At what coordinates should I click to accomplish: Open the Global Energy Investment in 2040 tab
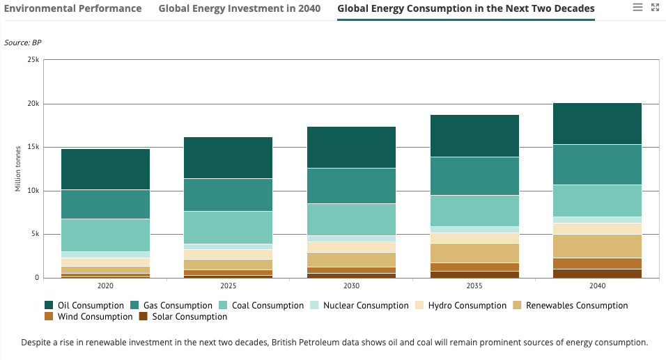[x=239, y=9]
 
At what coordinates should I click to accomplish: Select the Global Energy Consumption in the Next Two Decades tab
[x=465, y=9]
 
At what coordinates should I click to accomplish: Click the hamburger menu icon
[x=637, y=7]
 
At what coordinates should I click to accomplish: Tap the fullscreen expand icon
[x=654, y=7]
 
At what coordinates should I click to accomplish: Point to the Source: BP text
[x=22, y=42]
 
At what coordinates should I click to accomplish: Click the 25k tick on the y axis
[x=33, y=60]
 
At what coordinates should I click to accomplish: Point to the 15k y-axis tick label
[x=33, y=147]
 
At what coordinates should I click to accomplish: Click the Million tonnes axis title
[x=18, y=169]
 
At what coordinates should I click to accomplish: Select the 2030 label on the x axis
[x=351, y=286]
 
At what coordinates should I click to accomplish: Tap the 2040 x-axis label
[x=596, y=286]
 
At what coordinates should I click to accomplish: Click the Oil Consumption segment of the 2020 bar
[x=105, y=169]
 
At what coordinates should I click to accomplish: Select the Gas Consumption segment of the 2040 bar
[x=596, y=164]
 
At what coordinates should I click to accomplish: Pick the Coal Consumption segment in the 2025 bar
[x=228, y=227]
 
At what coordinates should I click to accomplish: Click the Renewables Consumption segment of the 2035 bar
[x=474, y=253]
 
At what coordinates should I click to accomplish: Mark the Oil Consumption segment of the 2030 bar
[x=351, y=147]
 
